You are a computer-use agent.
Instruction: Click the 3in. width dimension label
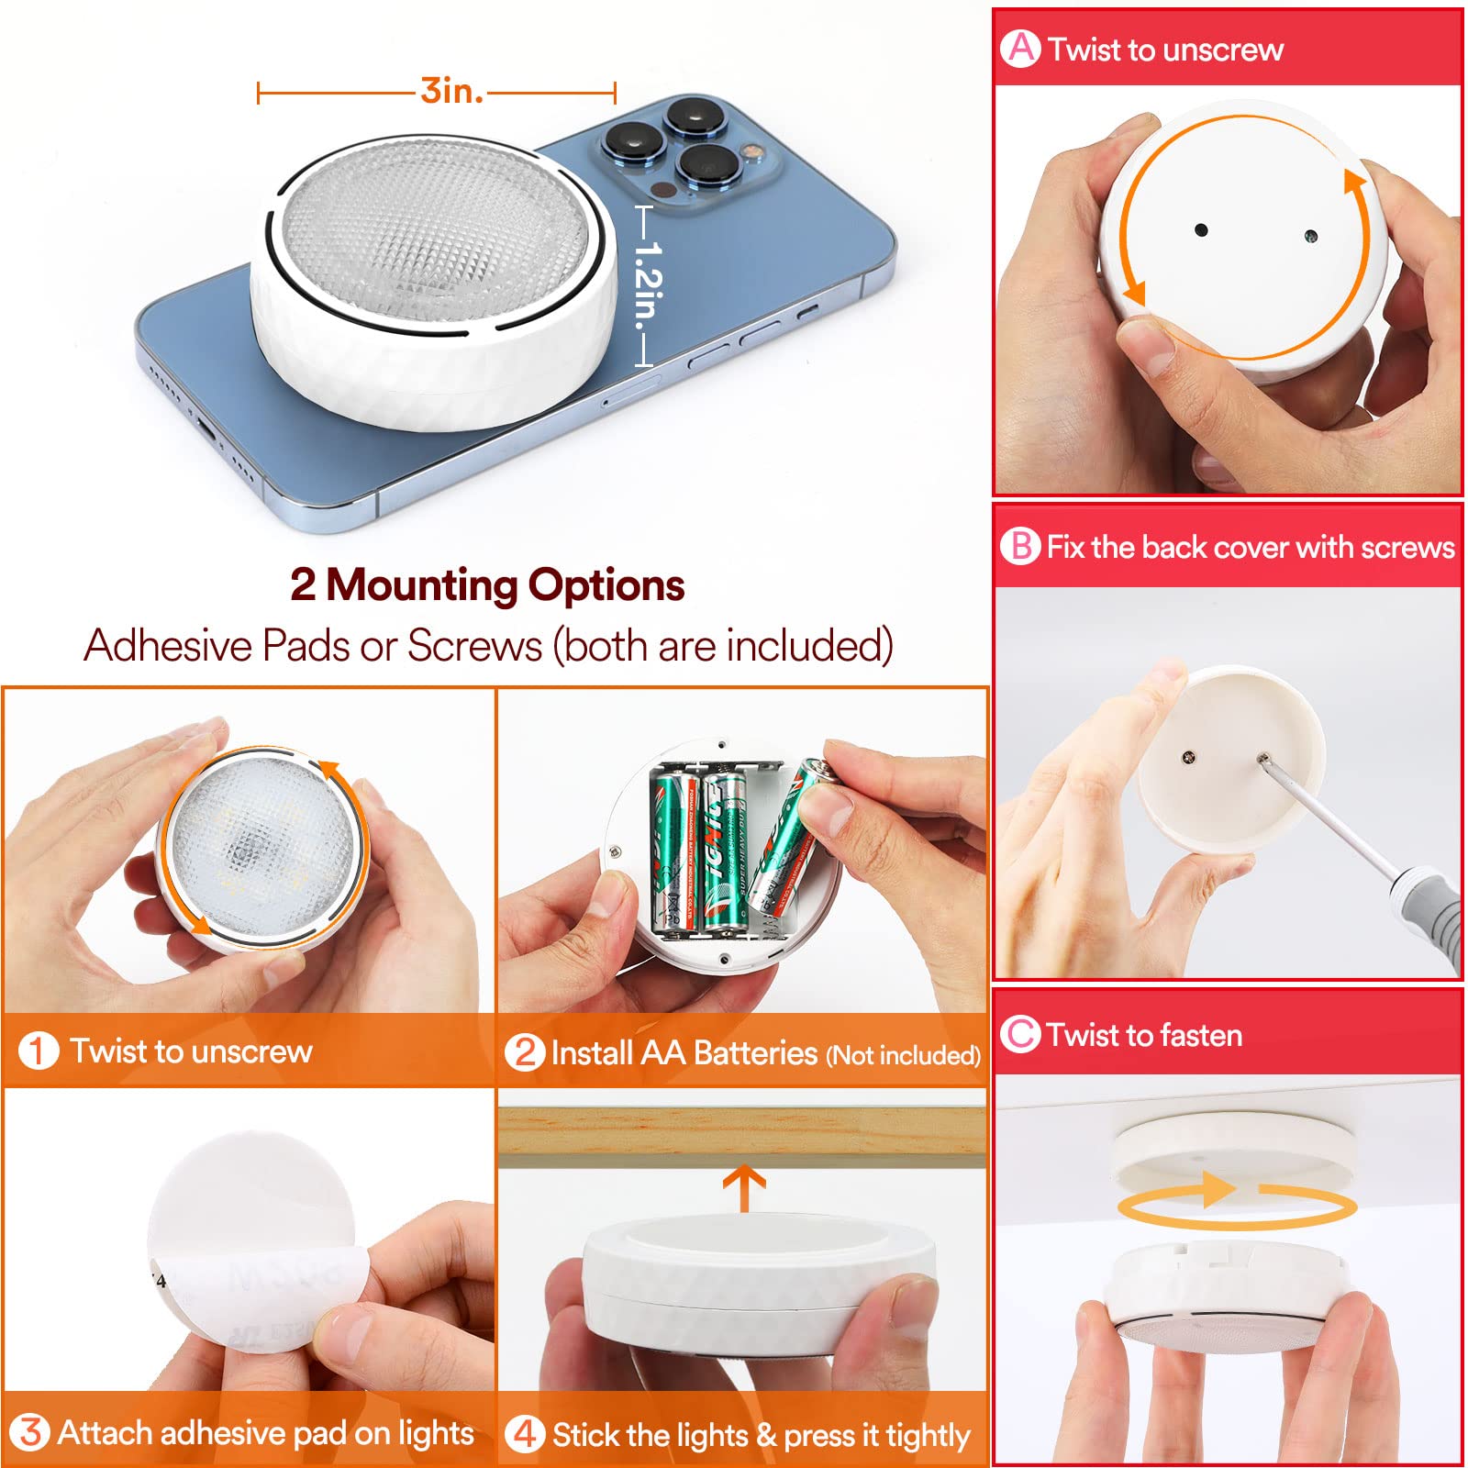click(x=450, y=91)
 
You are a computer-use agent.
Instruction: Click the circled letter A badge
click(x=1021, y=48)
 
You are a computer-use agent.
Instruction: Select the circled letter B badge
click(x=1020, y=547)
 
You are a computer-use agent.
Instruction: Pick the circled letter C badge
click(x=1020, y=1035)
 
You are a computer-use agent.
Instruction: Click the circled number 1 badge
click(x=39, y=1051)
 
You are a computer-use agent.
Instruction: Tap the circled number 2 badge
click(x=525, y=1052)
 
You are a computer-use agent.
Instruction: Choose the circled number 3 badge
click(x=29, y=1432)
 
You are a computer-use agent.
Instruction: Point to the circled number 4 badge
click(x=525, y=1433)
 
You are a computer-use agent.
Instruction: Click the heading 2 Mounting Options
click(x=487, y=585)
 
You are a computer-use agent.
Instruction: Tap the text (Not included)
click(x=904, y=1055)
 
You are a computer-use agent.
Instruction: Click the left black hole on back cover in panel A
click(x=1201, y=230)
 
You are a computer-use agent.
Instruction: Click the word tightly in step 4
click(x=928, y=1435)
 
